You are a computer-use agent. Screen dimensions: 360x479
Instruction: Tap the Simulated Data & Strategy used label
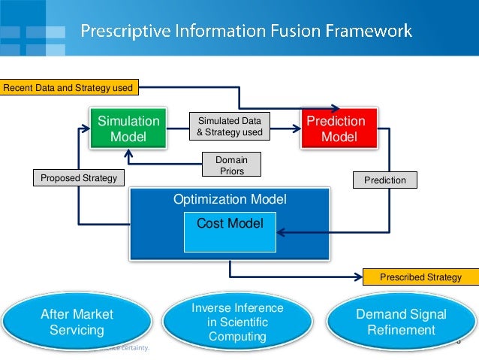(229, 126)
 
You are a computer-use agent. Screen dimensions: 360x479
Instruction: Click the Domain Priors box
(231, 165)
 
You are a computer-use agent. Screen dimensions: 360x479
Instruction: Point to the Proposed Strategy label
(78, 178)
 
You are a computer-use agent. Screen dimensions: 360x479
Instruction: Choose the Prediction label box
(384, 180)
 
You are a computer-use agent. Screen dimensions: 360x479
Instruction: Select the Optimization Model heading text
(230, 200)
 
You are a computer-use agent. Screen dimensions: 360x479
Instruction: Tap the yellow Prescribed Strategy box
(420, 277)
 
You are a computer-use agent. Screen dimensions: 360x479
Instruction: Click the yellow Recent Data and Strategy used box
(68, 88)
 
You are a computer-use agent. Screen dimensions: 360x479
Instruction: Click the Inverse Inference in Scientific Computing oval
(237, 322)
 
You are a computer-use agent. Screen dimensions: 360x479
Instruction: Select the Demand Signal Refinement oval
(401, 322)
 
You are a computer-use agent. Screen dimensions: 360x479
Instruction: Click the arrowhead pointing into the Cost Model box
(279, 233)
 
